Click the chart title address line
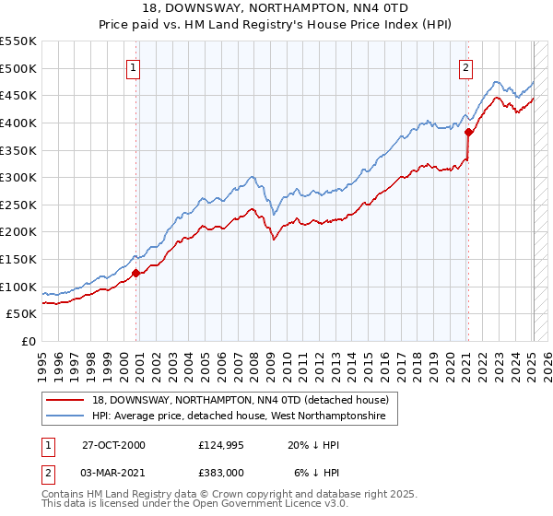click(277, 9)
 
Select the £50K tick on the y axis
click(23, 314)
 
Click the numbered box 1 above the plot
click(134, 66)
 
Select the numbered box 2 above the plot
click(466, 66)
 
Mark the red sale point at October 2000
click(136, 273)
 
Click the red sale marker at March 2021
click(468, 132)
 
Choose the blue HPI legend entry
click(244, 417)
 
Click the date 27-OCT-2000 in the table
click(114, 445)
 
